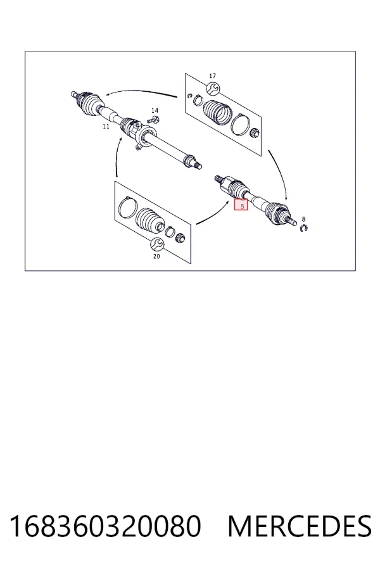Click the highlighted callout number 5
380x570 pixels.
tap(242, 206)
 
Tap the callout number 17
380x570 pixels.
tap(212, 75)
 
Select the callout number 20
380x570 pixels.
tap(156, 256)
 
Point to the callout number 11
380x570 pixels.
tap(106, 127)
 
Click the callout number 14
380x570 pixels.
tap(155, 110)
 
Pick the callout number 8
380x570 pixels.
tap(303, 219)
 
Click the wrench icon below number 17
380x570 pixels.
tap(212, 88)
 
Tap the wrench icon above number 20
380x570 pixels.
tap(156, 244)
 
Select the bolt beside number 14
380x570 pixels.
tap(154, 119)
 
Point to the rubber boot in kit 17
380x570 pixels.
tap(217, 112)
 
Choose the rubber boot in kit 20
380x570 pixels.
tap(149, 220)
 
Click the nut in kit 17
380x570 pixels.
tap(255, 133)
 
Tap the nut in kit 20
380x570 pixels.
tap(180, 239)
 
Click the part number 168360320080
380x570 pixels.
tap(104, 526)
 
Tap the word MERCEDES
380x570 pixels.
tap(300, 526)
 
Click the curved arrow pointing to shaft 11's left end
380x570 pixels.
tap(142, 91)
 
